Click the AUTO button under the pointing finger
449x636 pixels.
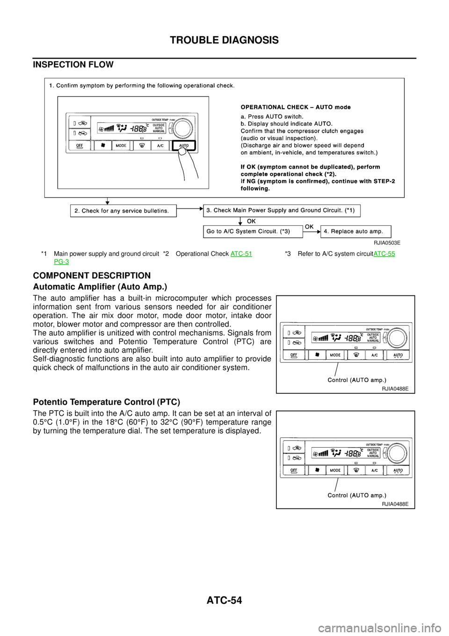pos(183,146)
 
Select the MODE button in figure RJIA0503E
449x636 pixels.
pos(121,146)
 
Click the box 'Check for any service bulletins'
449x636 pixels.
pos(123,211)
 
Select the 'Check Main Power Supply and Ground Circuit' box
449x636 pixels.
pos(282,210)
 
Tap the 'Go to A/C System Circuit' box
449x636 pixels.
pos(253,232)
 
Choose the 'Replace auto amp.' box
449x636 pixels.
pos(355,232)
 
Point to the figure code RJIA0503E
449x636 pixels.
pos(387,243)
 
